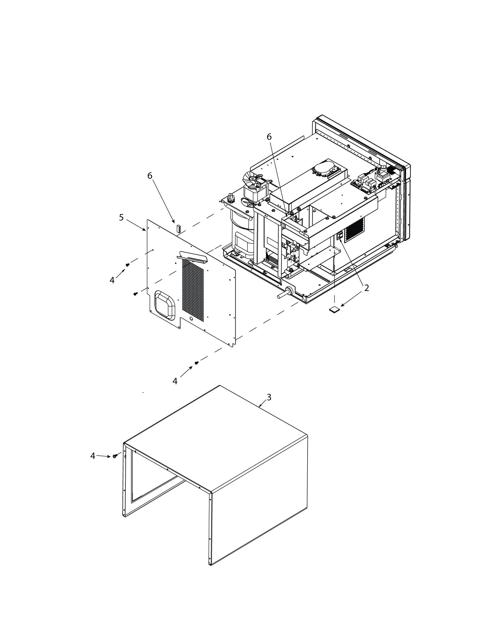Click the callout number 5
coord(121,217)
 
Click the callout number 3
coord(268,397)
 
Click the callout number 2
coord(366,288)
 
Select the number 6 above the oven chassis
coord(269,137)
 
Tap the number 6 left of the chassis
coord(150,176)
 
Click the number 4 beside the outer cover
coord(93,456)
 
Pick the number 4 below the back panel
coord(175,381)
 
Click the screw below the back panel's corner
coord(196,362)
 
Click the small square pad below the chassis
coord(334,309)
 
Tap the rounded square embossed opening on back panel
coord(165,305)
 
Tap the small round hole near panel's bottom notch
coord(191,319)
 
